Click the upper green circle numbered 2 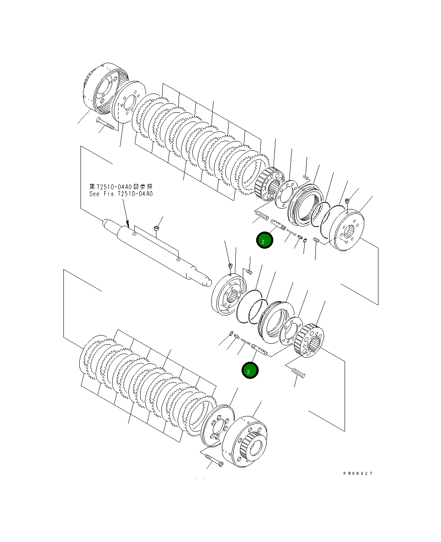(265, 240)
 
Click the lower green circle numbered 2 (250, 370)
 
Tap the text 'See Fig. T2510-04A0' (121, 194)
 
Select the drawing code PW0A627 (358, 473)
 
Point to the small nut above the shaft (156, 228)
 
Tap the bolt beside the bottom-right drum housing (214, 460)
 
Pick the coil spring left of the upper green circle (261, 216)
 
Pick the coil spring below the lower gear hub (297, 372)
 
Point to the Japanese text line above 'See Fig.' (121, 187)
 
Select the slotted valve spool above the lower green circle (260, 348)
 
